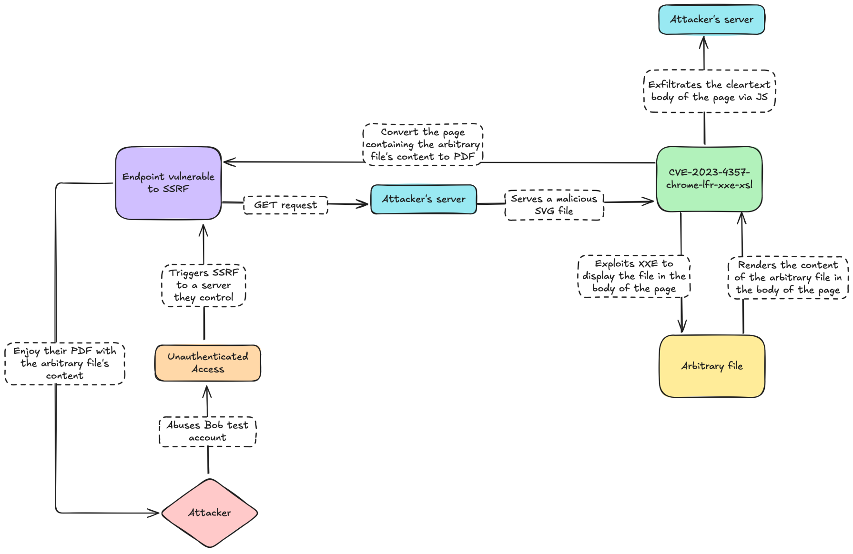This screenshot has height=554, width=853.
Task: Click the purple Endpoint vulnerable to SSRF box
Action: pyautogui.click(x=168, y=183)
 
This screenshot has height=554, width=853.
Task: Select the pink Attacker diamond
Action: pyautogui.click(x=209, y=513)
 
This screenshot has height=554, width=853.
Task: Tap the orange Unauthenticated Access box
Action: pyautogui.click(x=208, y=363)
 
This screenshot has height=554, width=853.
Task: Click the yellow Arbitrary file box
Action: pyautogui.click(x=712, y=366)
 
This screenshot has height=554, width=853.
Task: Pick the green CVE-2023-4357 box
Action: pyautogui.click(x=709, y=179)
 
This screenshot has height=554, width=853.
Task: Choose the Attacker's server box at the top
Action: pyautogui.click(x=711, y=20)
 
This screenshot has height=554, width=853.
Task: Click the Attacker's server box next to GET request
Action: pyautogui.click(x=424, y=199)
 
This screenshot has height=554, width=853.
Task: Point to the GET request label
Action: pyautogui.click(x=285, y=205)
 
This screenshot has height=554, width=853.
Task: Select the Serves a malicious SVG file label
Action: pyautogui.click(x=554, y=205)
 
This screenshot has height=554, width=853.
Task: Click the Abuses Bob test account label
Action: pyautogui.click(x=207, y=432)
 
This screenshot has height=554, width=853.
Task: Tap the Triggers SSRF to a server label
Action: pyautogui.click(x=203, y=285)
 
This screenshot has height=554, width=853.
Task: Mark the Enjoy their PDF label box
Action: pyautogui.click(x=65, y=363)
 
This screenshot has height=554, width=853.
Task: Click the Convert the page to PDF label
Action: pyautogui.click(x=423, y=144)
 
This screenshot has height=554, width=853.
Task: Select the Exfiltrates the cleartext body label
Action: pyautogui.click(x=710, y=91)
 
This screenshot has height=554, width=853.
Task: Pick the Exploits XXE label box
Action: pyautogui.click(x=634, y=276)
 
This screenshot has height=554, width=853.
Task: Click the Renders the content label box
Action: pyautogui.click(x=788, y=278)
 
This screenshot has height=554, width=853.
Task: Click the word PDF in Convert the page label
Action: pyautogui.click(x=464, y=157)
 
